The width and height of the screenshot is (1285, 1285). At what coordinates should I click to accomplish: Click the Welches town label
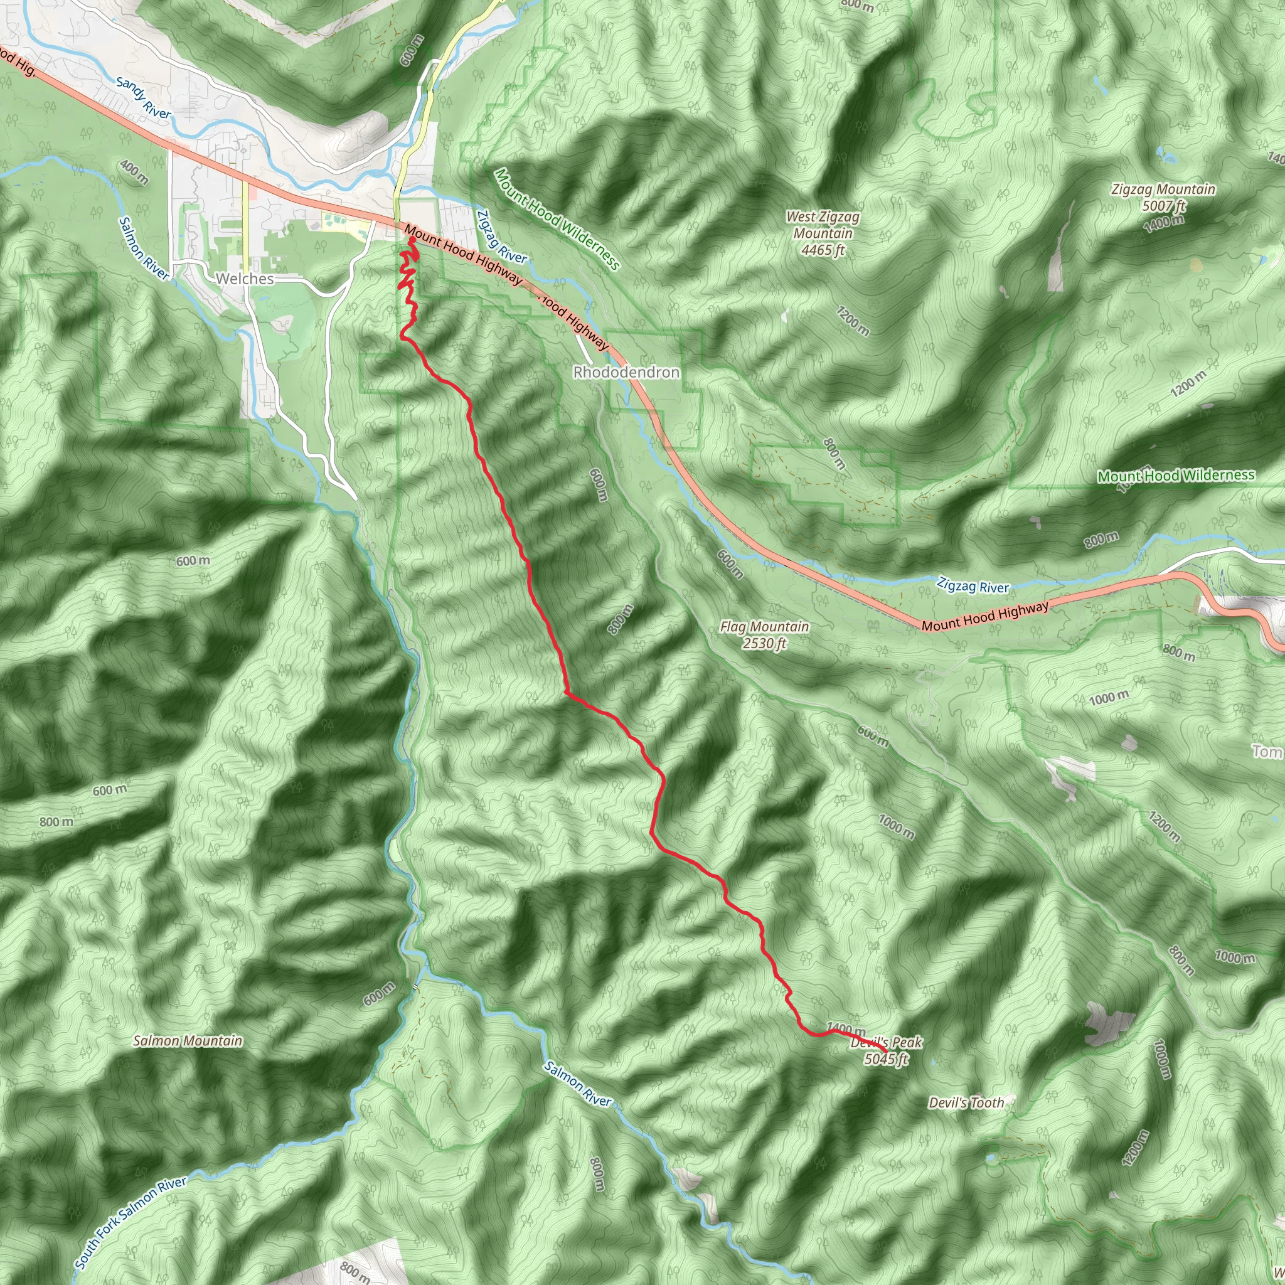coord(244,279)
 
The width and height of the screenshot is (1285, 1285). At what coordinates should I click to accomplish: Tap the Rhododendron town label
coord(626,372)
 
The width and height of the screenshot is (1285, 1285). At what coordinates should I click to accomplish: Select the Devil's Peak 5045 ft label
coord(886,1051)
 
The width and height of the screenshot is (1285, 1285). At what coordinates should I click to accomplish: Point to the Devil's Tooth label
coord(966,1103)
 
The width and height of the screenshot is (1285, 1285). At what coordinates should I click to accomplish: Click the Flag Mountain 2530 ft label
coord(764,634)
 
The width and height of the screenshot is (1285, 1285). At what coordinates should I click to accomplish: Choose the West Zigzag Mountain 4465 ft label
coord(822,233)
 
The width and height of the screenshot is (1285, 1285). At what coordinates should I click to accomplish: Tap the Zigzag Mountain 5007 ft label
coord(1163,198)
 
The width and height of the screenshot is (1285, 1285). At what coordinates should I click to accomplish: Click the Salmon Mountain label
coord(188,1041)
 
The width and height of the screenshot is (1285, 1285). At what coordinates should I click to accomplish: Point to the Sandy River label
coord(143,98)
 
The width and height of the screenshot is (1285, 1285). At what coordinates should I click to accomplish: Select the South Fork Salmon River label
coord(131,1222)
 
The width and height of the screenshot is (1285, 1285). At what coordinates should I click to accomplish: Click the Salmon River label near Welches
coord(144,247)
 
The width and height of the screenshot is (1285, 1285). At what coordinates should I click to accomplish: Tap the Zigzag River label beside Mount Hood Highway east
coord(973,586)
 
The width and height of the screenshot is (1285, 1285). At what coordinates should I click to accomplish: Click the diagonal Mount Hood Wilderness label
coord(557,220)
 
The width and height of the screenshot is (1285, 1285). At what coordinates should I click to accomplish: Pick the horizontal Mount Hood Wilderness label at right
coord(1176,476)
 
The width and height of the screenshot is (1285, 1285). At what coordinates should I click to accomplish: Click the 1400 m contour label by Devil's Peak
coord(845,1029)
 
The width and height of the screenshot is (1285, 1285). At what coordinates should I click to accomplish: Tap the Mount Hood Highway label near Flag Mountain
coord(984,617)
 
